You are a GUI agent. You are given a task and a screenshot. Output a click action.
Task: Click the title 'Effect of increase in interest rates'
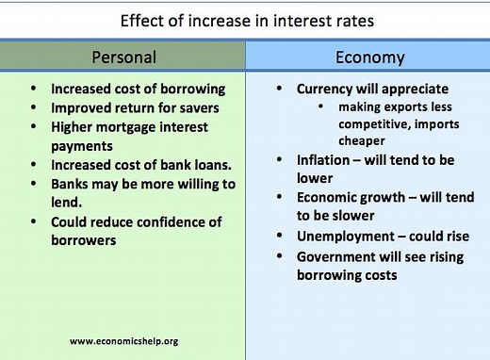(x=244, y=19)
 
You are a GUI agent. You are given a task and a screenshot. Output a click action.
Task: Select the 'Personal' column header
(x=122, y=57)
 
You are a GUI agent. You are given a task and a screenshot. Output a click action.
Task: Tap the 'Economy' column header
(x=369, y=57)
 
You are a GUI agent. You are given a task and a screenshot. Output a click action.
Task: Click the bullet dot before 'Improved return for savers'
(x=35, y=107)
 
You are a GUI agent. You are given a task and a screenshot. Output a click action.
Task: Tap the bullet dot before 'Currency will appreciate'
(x=280, y=89)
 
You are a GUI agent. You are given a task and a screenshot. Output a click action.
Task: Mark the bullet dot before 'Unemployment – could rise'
(x=280, y=237)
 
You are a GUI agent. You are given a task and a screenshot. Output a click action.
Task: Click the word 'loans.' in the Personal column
(x=207, y=166)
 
